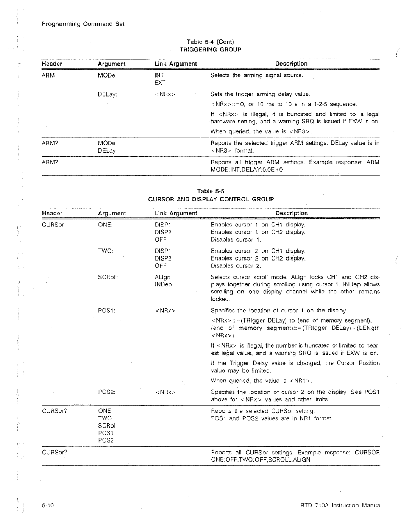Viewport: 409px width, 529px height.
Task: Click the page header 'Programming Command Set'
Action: (83, 24)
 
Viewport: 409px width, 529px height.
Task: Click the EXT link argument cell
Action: (160, 83)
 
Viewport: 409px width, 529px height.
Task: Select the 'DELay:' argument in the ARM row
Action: (107, 94)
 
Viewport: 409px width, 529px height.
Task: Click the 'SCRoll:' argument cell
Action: (108, 277)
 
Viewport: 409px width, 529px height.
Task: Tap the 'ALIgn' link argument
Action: (162, 277)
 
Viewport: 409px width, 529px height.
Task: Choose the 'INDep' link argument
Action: (163, 284)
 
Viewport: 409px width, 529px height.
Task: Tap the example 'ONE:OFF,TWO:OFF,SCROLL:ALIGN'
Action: (260, 460)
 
